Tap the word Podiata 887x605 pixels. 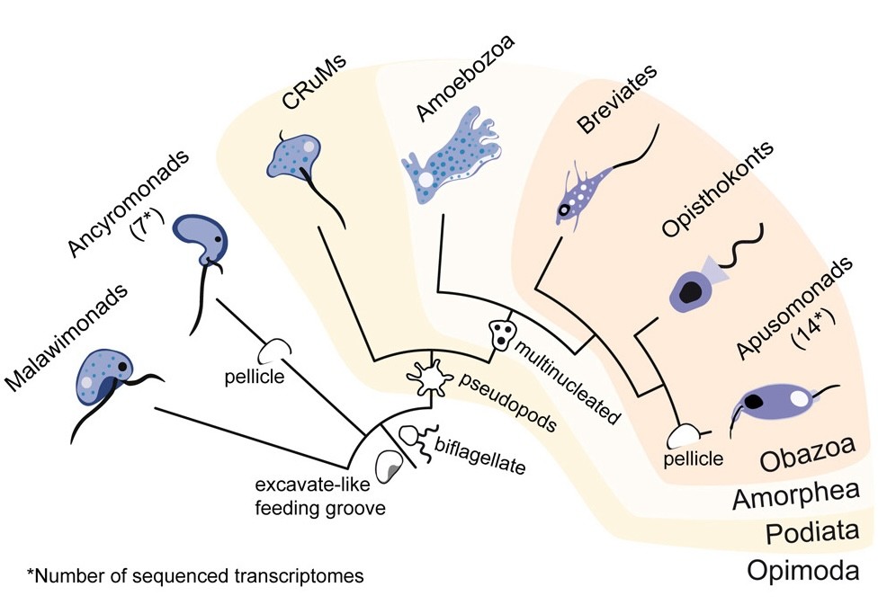806,533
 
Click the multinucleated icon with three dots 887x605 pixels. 499,335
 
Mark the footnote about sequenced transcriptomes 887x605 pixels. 195,575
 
